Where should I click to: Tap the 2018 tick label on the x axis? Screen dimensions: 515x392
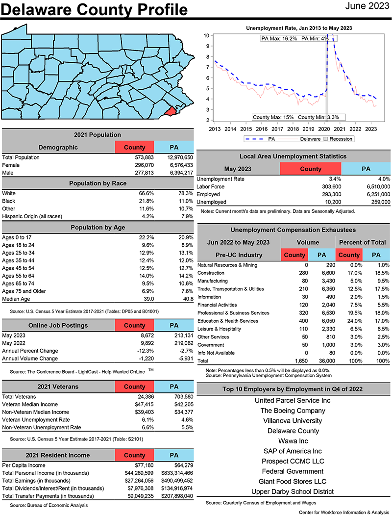(293, 129)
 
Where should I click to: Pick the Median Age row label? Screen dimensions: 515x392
(16, 299)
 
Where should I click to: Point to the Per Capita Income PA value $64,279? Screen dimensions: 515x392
(181, 465)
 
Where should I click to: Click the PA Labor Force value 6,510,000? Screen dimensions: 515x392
(375, 186)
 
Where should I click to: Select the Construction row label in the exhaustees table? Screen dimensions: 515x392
(212, 273)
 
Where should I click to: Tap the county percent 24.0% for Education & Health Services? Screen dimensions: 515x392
(351, 321)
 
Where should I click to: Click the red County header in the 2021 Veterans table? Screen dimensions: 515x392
(134, 386)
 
